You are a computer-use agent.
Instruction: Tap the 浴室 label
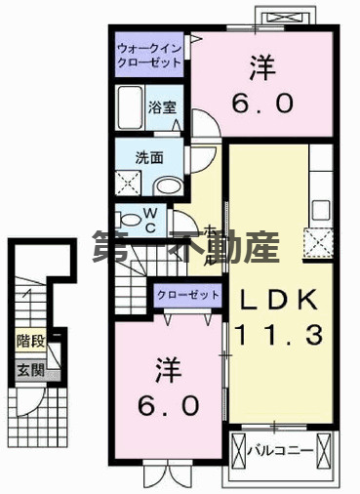pos(162,107)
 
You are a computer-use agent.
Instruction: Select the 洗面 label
pos(148,155)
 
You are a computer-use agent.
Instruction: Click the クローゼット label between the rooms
pos(184,293)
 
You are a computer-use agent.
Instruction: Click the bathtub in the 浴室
pos(129,105)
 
